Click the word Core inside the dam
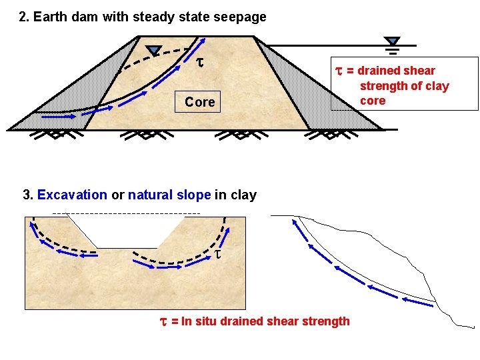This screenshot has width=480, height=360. pyautogui.click(x=199, y=102)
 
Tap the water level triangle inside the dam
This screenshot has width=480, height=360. pyautogui.click(x=154, y=50)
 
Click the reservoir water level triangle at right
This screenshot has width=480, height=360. pyautogui.click(x=393, y=41)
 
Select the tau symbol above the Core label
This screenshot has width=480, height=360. pyautogui.click(x=199, y=63)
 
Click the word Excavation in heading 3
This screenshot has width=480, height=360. pyautogui.click(x=72, y=195)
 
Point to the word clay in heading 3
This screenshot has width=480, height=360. pyautogui.click(x=243, y=195)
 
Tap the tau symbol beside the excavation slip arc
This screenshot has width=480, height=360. pyautogui.click(x=218, y=255)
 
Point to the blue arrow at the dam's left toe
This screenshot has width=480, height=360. pyautogui.click(x=58, y=116)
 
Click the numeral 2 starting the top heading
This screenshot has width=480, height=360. pyautogui.click(x=23, y=17)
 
